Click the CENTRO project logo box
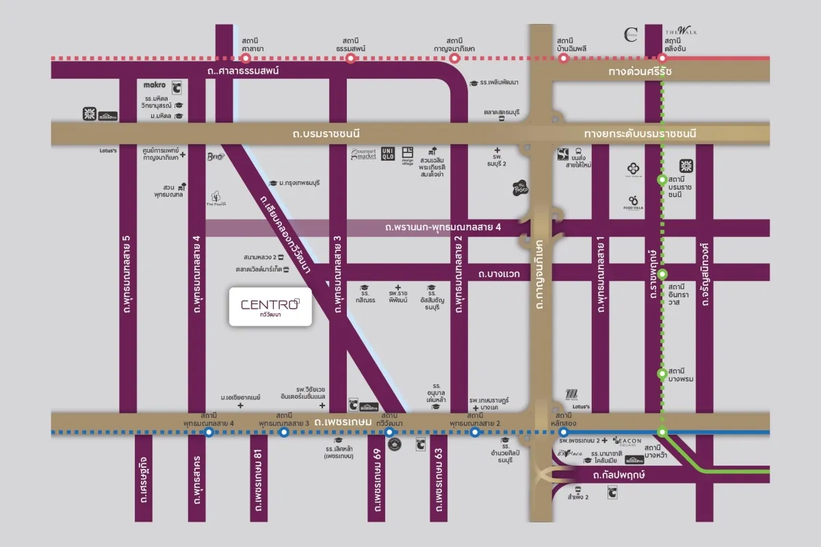[x=270, y=306]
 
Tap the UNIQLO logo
[x=388, y=154]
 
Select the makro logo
[x=155, y=85]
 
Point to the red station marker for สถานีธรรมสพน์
[x=350, y=59]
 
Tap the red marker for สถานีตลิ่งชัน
[x=662, y=59]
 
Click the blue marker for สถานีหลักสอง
[x=564, y=432]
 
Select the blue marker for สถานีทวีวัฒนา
[x=389, y=432]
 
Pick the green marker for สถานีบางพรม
[x=662, y=373]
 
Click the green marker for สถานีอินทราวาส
[x=662, y=273]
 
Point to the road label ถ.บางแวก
[x=499, y=273]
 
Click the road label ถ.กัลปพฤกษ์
[x=621, y=475]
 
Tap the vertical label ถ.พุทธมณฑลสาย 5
[x=126, y=273]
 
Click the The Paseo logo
[x=521, y=188]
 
